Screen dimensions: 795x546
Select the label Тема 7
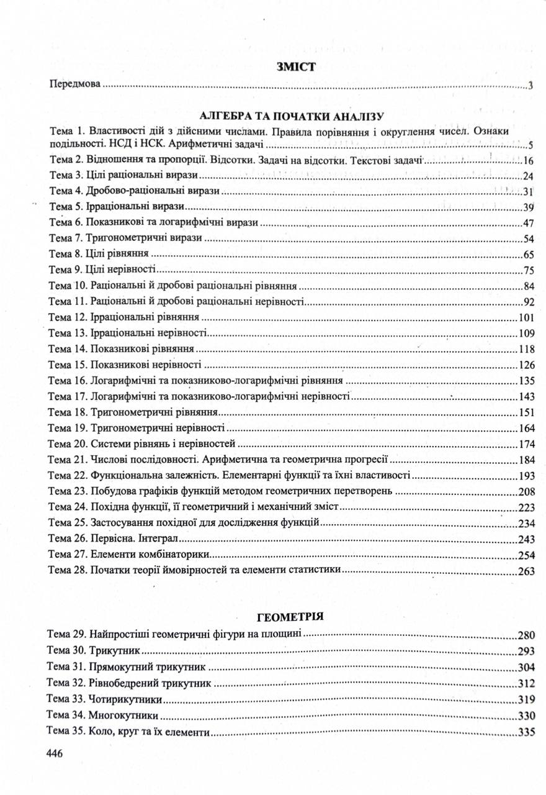coord(65,238)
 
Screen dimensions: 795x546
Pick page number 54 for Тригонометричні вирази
coord(529,238)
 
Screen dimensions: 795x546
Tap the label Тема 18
coord(68,412)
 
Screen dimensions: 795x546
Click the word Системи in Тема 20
coord(110,444)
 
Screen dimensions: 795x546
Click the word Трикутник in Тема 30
coord(114,652)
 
